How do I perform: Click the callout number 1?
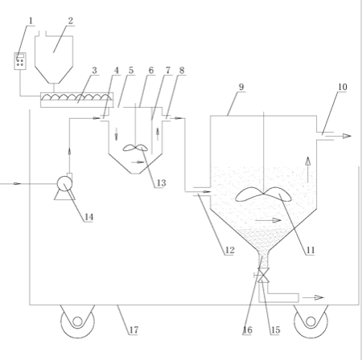(x=31, y=21)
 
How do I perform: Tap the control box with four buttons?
(x=20, y=61)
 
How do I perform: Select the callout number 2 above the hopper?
(x=71, y=21)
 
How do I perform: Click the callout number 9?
(x=241, y=87)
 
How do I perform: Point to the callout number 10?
(x=343, y=87)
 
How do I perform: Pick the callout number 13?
(x=161, y=183)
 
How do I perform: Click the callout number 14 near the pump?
(x=89, y=217)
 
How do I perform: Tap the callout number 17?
(x=134, y=330)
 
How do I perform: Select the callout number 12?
(x=230, y=250)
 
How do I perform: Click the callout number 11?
(x=311, y=250)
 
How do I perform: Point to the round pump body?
(x=64, y=183)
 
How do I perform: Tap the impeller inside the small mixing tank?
(x=135, y=148)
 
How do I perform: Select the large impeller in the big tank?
(x=263, y=194)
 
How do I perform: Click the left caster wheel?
(x=77, y=321)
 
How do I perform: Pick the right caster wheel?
(x=311, y=321)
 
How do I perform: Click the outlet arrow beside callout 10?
(x=339, y=136)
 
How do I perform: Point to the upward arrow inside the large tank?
(x=308, y=170)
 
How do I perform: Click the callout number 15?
(x=275, y=330)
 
